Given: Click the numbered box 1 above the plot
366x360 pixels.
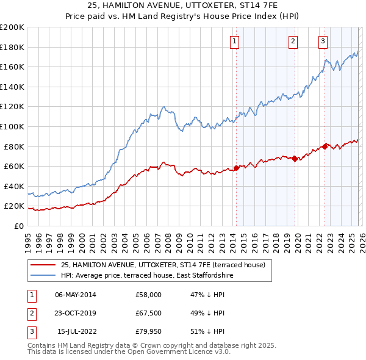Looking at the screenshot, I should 235,41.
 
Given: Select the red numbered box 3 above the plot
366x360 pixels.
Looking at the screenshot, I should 323,41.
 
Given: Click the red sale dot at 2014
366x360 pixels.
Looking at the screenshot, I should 236,168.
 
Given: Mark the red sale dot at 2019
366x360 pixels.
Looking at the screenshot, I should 295,159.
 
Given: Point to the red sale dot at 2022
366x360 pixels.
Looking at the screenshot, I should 325,146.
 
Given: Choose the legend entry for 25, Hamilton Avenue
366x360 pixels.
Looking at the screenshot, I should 162,265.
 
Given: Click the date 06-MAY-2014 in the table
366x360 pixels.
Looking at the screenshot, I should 76,295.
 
